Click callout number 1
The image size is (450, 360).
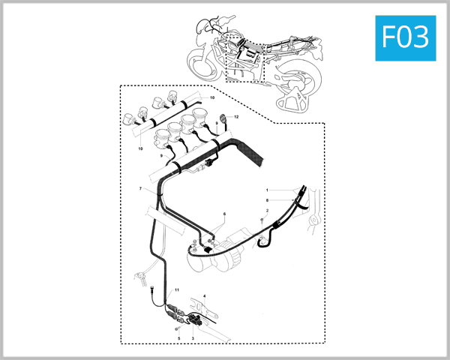point(266,190)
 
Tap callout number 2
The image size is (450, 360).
point(266,211)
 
